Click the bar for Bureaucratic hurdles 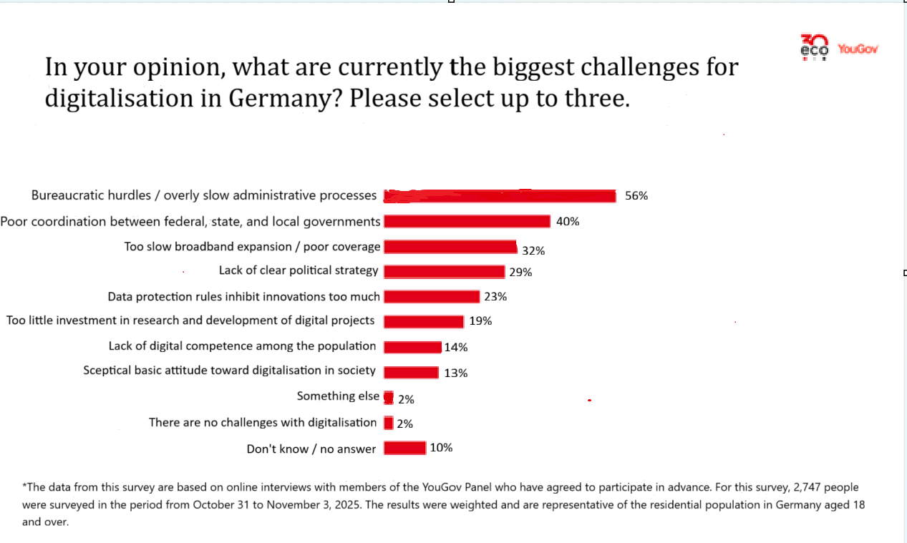click(500, 196)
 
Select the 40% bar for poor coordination click(467, 222)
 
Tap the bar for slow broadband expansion click(450, 247)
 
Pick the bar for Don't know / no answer click(404, 448)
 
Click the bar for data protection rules click(432, 296)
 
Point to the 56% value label click(636, 195)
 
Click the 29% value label click(520, 272)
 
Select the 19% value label click(480, 321)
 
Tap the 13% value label click(455, 373)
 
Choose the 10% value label click(441, 448)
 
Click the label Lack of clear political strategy click(299, 270)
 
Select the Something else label click(338, 396)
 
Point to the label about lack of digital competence click(242, 346)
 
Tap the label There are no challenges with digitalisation click(262, 422)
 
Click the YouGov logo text click(857, 49)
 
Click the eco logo click(814, 47)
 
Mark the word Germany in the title click(279, 99)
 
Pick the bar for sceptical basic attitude click(411, 372)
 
